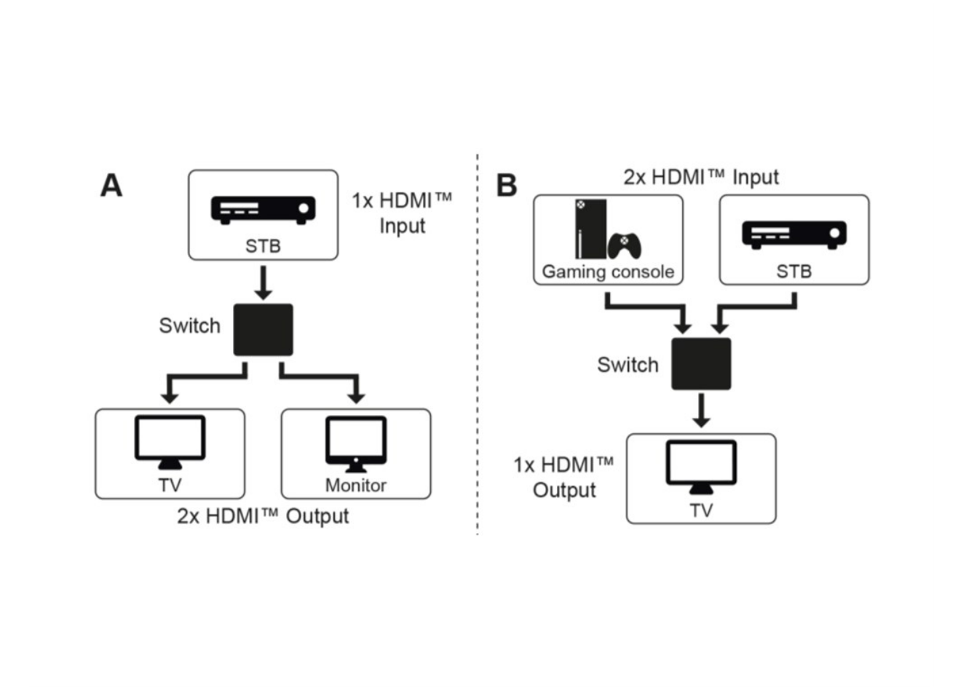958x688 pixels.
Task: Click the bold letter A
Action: [x=111, y=186]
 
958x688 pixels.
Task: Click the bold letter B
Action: [x=507, y=186]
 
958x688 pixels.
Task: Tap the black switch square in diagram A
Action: [x=263, y=330]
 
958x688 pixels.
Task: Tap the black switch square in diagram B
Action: [x=701, y=363]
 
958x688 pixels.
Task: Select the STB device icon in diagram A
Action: [x=263, y=209]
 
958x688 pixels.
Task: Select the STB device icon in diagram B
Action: [x=793, y=234]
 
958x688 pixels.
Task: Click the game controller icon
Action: [x=625, y=246]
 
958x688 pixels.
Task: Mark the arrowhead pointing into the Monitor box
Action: [x=356, y=397]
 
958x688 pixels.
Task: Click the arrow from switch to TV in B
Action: [x=701, y=411]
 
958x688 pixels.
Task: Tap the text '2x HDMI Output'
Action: [x=263, y=516]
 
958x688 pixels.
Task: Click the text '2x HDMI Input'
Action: [x=701, y=177]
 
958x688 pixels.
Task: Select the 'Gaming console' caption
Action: [x=608, y=272]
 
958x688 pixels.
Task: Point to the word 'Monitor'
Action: [x=355, y=486]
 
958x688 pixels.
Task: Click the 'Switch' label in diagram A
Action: [x=189, y=325]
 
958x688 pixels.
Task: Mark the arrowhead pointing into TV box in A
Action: [x=170, y=397]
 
